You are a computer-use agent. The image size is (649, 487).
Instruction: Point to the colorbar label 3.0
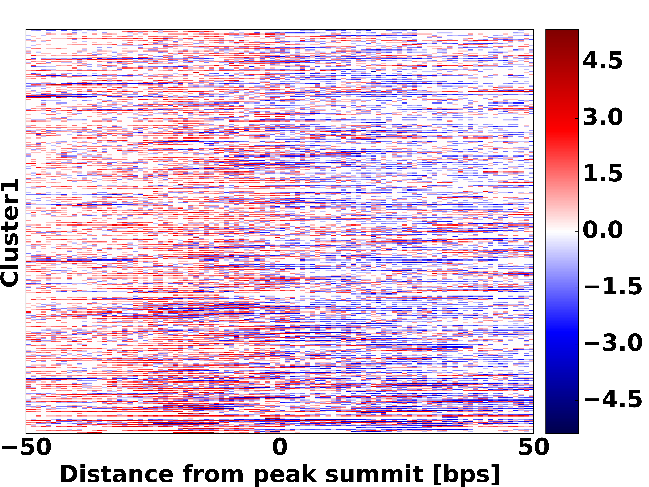(602, 117)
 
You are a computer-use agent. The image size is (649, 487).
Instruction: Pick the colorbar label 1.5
(602, 173)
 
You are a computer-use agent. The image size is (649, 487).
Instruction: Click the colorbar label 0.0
(602, 230)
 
